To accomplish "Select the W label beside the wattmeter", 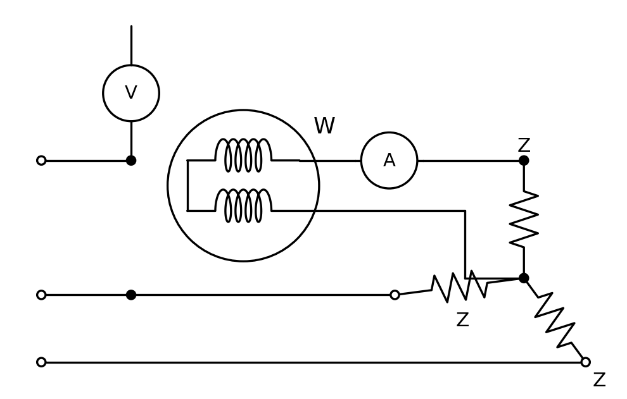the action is [x=324, y=125].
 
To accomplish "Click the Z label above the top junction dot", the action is [x=524, y=145].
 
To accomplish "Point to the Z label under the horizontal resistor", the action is [x=463, y=319].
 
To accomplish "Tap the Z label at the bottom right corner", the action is [x=599, y=379].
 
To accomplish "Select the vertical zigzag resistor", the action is [x=524, y=219].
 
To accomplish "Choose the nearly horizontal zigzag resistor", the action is [x=460, y=286].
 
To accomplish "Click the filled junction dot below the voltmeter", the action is [x=131, y=161].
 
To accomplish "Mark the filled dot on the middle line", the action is [x=131, y=295].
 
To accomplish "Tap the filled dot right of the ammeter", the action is [x=524, y=161].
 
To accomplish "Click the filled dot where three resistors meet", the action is [x=524, y=278].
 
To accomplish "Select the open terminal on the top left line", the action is [x=41, y=161].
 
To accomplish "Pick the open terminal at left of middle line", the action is [x=41, y=295].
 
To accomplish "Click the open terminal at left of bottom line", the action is [x=41, y=362].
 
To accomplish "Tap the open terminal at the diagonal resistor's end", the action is [x=585, y=362].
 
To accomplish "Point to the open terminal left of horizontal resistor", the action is [x=395, y=295].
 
